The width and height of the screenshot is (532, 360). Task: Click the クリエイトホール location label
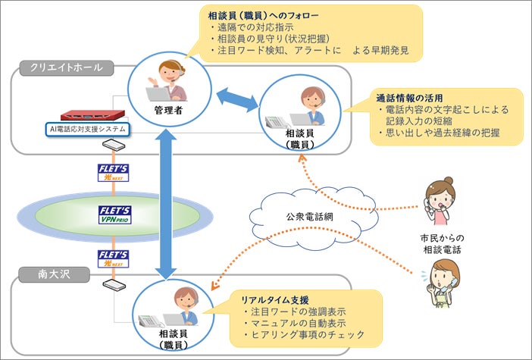(x=67, y=68)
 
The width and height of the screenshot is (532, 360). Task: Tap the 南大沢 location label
(x=55, y=274)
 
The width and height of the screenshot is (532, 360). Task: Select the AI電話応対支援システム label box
(x=88, y=130)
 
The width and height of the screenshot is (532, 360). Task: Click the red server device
(x=92, y=115)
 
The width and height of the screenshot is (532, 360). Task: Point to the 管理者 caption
(x=169, y=110)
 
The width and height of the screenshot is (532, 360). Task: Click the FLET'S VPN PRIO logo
(x=115, y=214)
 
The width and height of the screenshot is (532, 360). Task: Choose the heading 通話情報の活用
(x=409, y=99)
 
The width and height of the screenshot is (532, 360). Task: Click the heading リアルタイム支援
(x=275, y=300)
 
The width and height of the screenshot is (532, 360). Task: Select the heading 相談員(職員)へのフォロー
(x=263, y=16)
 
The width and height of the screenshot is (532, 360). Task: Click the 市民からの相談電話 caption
(x=442, y=244)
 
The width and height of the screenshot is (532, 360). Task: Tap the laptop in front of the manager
(x=158, y=94)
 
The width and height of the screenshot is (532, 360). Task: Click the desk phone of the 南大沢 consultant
(x=150, y=321)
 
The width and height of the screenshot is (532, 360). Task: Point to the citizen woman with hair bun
(x=440, y=201)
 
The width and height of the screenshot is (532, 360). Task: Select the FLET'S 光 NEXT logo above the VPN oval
(x=114, y=173)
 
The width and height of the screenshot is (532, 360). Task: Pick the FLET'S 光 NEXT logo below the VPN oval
(x=114, y=259)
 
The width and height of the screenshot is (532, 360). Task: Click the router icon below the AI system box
(x=114, y=146)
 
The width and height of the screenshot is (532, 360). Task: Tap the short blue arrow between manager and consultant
(x=237, y=100)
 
